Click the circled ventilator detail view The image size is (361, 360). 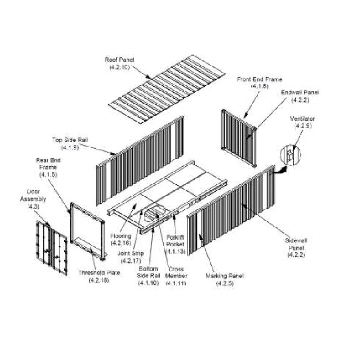click(290, 155)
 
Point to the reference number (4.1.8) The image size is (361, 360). click(259, 86)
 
